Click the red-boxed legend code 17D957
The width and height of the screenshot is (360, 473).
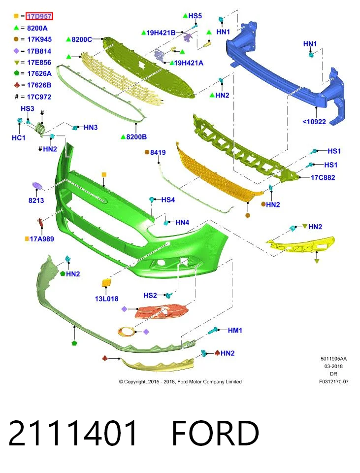39,16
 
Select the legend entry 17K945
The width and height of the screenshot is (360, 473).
39,39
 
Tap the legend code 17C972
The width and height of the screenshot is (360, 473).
39,97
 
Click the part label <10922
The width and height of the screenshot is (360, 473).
314,122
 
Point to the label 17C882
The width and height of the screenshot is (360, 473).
323,177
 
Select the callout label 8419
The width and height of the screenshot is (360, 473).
158,152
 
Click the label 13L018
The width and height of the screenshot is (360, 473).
106,299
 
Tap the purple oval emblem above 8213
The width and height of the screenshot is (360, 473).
37,186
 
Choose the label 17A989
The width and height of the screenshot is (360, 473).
42,239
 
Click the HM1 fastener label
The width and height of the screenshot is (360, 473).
235,330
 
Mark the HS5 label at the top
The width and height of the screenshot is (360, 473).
195,16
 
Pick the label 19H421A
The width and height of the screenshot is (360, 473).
189,63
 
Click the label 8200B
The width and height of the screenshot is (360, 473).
136,137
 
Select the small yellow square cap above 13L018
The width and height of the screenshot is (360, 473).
106,283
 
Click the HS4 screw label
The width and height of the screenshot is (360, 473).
168,200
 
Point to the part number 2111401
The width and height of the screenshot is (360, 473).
73,433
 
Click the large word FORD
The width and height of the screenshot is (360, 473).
215,433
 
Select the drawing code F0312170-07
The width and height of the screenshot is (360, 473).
334,381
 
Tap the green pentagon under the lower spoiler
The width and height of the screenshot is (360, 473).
74,343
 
